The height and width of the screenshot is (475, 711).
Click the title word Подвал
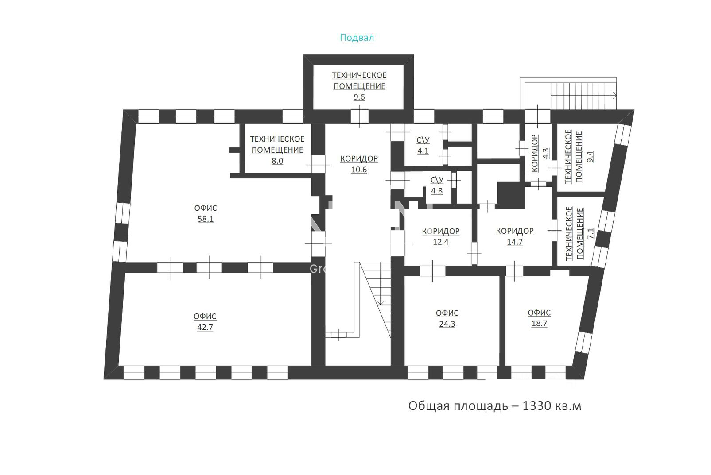357,38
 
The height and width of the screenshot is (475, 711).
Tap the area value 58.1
206,219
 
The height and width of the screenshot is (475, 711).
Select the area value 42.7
205,327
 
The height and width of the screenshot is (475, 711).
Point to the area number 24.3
447,324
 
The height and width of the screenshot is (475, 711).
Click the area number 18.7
539,324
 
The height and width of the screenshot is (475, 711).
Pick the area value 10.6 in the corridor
359,170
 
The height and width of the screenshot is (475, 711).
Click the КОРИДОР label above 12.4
441,231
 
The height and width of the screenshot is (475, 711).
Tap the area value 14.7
515,242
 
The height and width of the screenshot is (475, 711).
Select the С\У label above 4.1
423,140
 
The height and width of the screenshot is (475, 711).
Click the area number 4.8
437,191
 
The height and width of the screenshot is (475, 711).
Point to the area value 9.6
359,97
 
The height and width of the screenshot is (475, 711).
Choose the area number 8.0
277,161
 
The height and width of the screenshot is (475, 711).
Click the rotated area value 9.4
590,157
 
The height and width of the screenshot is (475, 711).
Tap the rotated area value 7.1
591,234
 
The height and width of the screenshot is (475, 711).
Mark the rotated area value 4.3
546,154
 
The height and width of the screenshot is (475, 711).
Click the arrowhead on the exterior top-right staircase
614,95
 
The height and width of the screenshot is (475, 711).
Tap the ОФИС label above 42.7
205,317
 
